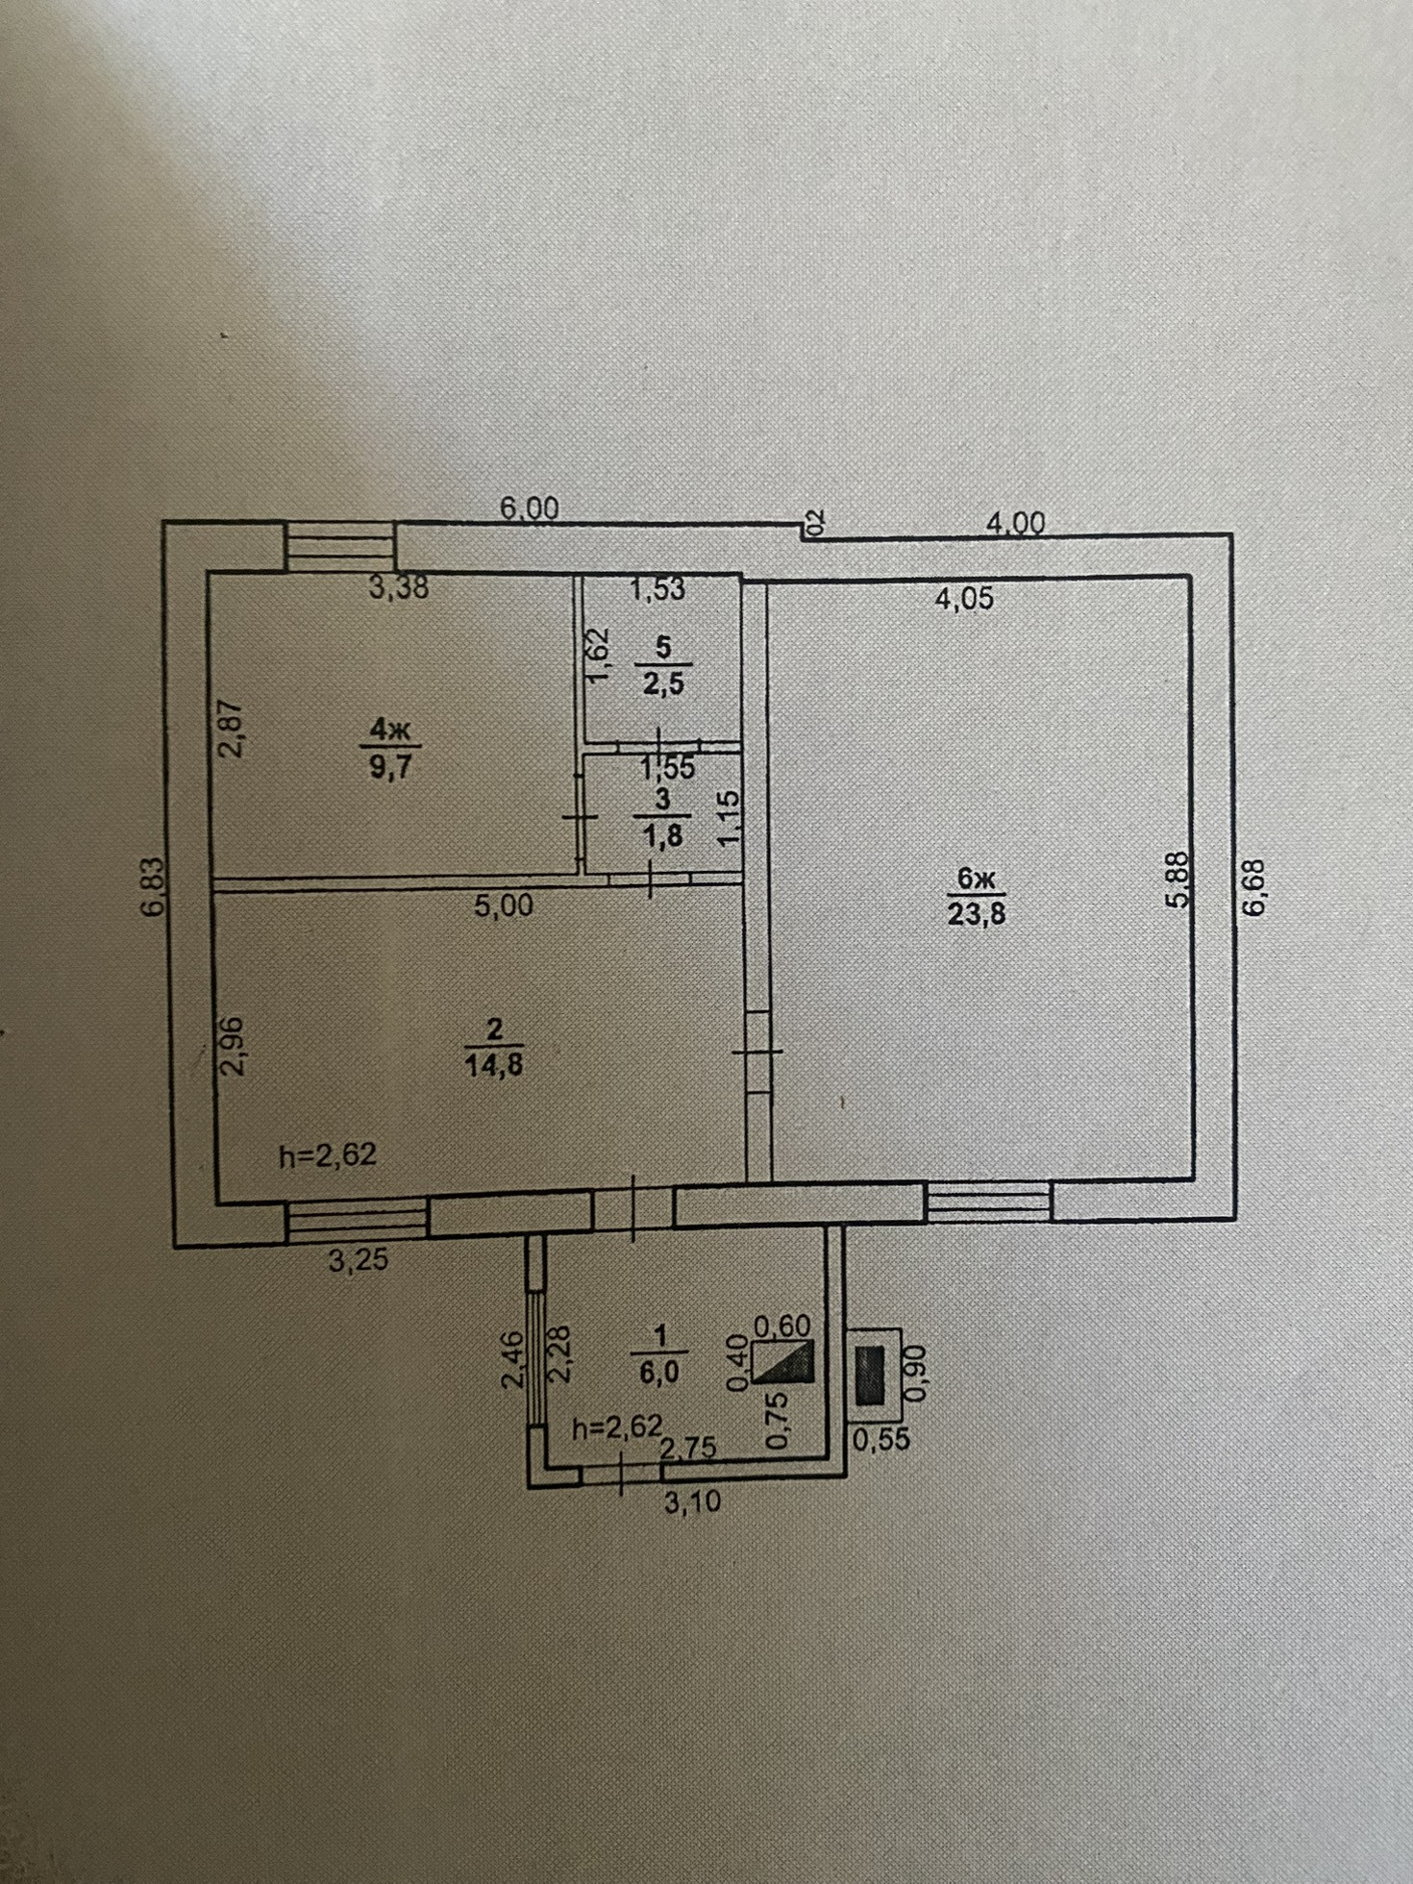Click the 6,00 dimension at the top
529,508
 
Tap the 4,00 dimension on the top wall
1015,523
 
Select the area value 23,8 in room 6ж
976,912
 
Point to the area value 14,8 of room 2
494,1064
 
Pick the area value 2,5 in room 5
664,684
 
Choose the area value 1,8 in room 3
663,835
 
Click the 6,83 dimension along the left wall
157,887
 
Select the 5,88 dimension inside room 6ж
1180,880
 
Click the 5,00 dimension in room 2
504,905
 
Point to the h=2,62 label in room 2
327,1153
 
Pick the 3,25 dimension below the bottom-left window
359,1260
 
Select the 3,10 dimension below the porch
692,1500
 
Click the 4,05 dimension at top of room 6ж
965,599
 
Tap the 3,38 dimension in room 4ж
398,586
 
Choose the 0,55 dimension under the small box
880,1438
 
